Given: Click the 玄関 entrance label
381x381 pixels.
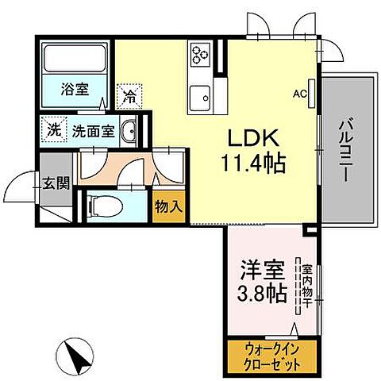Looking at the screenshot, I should pos(55,183).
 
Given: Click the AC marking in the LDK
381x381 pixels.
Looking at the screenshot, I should pos(301,94).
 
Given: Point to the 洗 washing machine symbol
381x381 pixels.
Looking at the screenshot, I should pos(52,129).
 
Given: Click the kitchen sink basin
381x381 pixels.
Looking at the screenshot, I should pos(200,98).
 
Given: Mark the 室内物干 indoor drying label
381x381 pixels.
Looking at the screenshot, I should pos(306,287).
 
